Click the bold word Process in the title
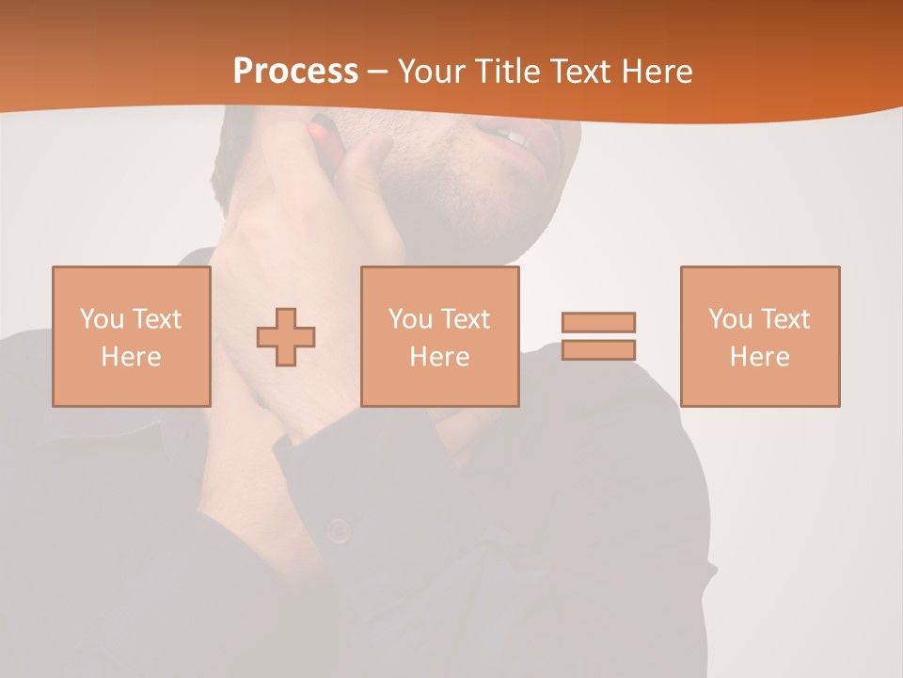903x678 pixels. click(x=295, y=72)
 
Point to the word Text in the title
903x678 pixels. click(x=587, y=72)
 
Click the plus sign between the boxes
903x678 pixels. click(x=286, y=337)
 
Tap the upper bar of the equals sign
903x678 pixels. click(x=598, y=322)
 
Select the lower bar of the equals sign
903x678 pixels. click(x=598, y=349)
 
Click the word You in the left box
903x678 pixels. click(x=103, y=319)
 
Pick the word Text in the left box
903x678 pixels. click(x=156, y=319)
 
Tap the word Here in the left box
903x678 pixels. click(x=131, y=357)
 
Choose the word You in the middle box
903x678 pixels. click(x=411, y=319)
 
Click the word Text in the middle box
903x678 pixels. click(x=465, y=319)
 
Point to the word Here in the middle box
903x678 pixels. click(x=439, y=357)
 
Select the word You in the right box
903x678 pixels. click(x=731, y=319)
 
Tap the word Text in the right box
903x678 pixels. click(x=784, y=319)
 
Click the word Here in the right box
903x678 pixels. click(x=759, y=357)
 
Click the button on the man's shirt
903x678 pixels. click(x=339, y=531)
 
